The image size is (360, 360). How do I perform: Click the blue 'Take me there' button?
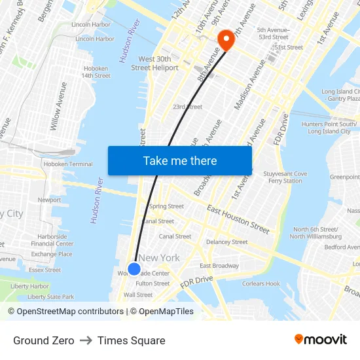(179, 160)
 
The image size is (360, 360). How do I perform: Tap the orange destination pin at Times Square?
(225, 39)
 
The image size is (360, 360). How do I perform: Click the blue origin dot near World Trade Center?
(134, 268)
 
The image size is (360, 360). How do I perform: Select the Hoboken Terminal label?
(68, 164)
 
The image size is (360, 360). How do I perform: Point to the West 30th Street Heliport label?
(154, 63)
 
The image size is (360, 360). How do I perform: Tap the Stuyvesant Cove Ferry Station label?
(285, 177)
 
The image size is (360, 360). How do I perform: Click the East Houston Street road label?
(238, 219)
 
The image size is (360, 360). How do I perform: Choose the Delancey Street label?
(227, 242)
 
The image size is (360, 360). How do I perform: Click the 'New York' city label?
(159, 258)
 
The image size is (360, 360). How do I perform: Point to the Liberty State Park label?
(51, 297)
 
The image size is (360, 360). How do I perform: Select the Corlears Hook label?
(261, 283)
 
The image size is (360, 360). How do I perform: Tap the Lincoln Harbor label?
(91, 24)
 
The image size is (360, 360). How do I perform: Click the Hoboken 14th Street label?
(96, 71)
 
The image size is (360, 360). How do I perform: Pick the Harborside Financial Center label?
(52, 240)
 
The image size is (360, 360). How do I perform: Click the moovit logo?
(321, 339)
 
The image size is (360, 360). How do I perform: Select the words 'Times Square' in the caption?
(131, 340)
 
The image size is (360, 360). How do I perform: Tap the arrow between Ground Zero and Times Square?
(86, 340)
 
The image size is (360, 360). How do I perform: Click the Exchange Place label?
(52, 254)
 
